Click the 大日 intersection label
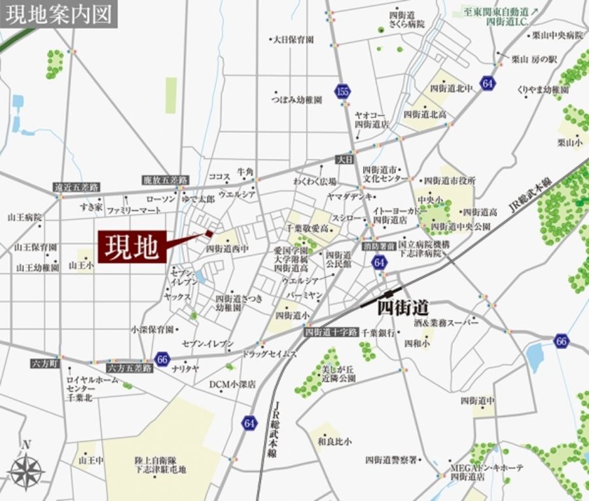pyautogui.click(x=344, y=159)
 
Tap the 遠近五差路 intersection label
pyautogui.click(x=77, y=187)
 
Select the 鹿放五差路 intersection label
pyautogui.click(x=165, y=179)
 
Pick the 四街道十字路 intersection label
pyautogui.click(x=331, y=332)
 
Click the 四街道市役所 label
pyautogui.click(x=450, y=180)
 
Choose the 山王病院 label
pyautogui.click(x=25, y=217)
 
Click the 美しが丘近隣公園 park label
pyautogui.click(x=338, y=375)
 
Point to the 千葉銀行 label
pyautogui.click(x=378, y=333)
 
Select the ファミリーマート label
pyautogui.click(x=134, y=210)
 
